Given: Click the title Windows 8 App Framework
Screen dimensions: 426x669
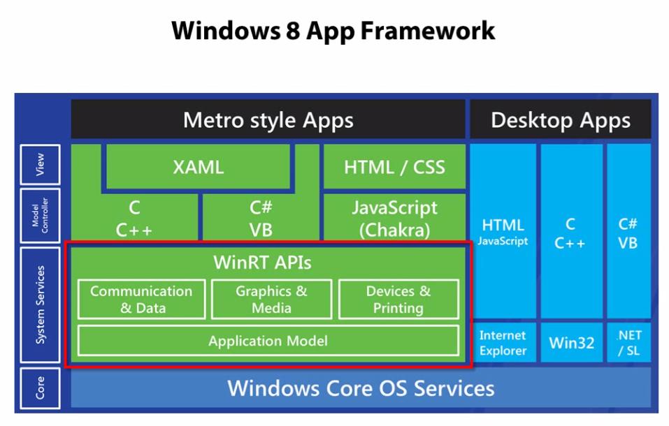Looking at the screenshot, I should [x=333, y=31].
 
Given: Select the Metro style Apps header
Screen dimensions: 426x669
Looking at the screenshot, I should [x=268, y=119].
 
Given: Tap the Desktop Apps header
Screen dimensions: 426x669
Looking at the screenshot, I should [x=560, y=119].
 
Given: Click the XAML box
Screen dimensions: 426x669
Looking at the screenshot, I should [x=198, y=167].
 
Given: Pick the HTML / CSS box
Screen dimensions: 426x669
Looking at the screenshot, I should [x=394, y=167].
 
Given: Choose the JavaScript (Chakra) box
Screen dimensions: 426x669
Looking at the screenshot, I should [x=394, y=218].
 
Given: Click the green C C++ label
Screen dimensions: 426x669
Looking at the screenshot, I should [x=134, y=219].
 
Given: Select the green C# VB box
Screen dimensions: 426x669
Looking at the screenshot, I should [x=260, y=219].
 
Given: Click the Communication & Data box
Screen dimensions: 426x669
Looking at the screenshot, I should [x=141, y=299].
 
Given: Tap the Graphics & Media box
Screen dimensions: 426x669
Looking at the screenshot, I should [x=271, y=299].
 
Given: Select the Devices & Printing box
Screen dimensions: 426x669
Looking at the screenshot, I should [x=398, y=299].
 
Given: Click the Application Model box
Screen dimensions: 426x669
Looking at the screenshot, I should [x=268, y=341].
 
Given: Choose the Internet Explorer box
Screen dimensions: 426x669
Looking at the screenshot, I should [x=503, y=343].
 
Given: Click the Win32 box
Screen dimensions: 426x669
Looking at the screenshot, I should [x=570, y=343].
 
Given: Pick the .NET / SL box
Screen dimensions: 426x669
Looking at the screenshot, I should [x=628, y=343].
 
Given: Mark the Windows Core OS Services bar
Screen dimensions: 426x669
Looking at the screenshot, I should [x=360, y=388].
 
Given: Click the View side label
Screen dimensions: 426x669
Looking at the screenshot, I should [x=40, y=165].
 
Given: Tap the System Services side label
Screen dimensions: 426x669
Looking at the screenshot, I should [x=40, y=304].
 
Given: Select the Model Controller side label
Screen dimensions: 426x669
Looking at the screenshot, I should [x=40, y=215].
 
